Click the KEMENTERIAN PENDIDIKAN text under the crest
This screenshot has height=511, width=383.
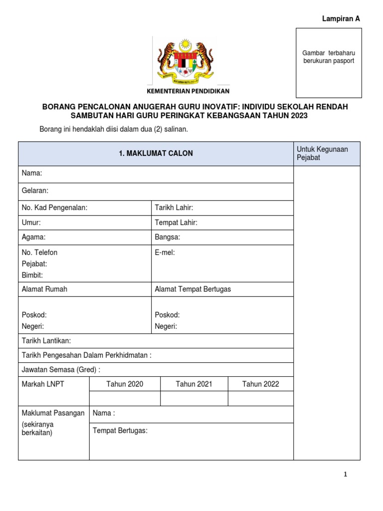tap(188, 91)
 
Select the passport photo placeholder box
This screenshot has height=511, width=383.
tap(329, 63)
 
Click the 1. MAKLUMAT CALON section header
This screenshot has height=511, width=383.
tap(156, 154)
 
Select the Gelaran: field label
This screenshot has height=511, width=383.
tap(35, 191)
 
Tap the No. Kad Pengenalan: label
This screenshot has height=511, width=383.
tap(55, 208)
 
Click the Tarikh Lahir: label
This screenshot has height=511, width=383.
tap(174, 208)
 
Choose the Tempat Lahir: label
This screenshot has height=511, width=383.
tap(176, 223)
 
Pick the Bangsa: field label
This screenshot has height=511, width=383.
tap(168, 238)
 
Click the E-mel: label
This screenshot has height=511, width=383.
tap(165, 253)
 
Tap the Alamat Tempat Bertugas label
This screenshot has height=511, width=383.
tap(193, 289)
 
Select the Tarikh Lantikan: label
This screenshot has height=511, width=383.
tap(46, 340)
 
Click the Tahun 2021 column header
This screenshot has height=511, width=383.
tap(194, 384)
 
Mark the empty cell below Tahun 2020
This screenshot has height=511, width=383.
tap(125, 398)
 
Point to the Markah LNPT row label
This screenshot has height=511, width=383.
tap(43, 384)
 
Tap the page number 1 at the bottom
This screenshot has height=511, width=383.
tap(345, 475)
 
